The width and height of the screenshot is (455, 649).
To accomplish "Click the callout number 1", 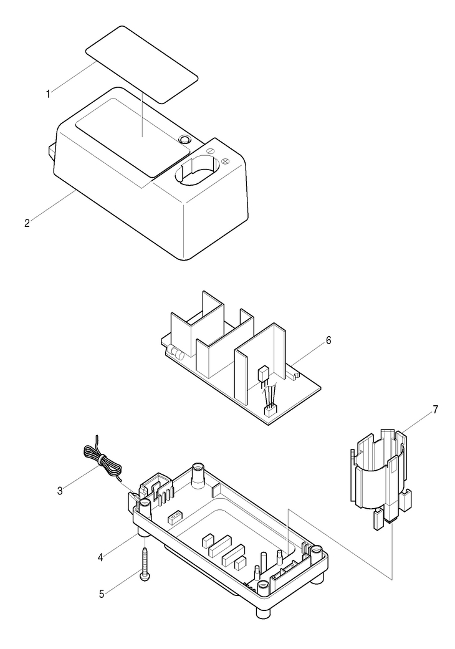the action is [x=48, y=94].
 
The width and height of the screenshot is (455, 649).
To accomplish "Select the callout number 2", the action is [x=27, y=224].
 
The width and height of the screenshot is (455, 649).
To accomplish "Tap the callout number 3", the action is [x=60, y=491].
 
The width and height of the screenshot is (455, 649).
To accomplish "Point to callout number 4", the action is [x=100, y=557].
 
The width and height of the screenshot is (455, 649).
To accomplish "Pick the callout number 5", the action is [x=102, y=594].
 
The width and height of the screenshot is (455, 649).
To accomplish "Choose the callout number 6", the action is [x=328, y=340].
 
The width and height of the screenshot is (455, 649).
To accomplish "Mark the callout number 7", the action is [x=435, y=410].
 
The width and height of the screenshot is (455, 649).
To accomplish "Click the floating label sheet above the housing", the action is [x=142, y=65].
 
